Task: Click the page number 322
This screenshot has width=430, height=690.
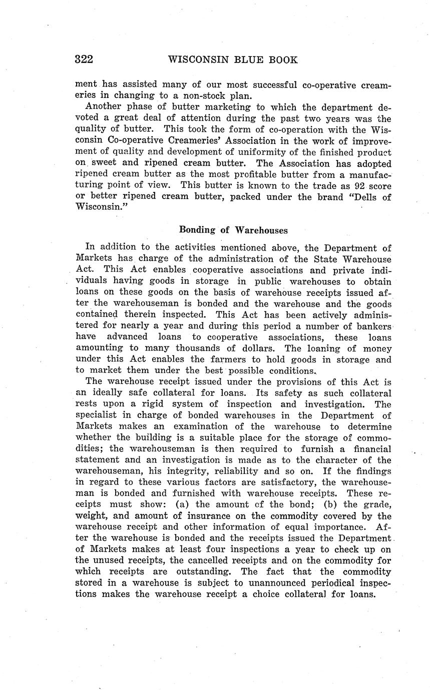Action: (x=84, y=60)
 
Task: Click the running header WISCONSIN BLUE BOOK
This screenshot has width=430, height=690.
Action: (x=233, y=60)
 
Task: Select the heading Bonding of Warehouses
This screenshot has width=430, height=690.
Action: (x=233, y=230)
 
